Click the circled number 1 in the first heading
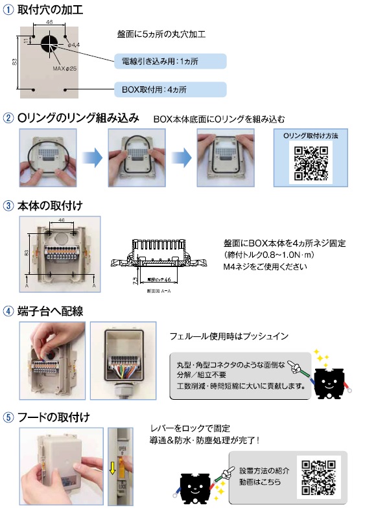coord(8,10)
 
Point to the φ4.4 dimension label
coord(73,45)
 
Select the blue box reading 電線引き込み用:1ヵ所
coord(170,62)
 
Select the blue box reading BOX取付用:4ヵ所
coord(170,89)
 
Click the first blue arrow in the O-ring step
coord(91,157)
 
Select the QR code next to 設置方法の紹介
coord(318,478)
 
